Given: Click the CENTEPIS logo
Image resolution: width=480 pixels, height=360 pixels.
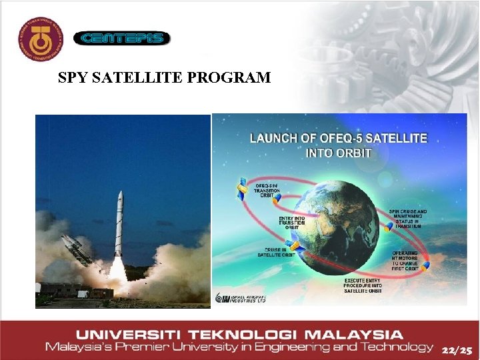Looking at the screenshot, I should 121,39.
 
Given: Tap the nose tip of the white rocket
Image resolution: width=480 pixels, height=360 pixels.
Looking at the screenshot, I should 120,194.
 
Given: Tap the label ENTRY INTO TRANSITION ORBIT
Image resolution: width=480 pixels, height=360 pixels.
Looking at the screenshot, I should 292,223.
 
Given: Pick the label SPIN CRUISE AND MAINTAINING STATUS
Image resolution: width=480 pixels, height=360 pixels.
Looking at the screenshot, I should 408,218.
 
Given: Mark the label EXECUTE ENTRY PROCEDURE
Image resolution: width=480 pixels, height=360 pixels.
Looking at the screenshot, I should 362,285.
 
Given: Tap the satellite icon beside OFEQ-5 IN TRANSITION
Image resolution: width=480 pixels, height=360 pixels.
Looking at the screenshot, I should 241,189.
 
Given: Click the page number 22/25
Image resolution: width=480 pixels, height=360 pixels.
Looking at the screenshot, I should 457,349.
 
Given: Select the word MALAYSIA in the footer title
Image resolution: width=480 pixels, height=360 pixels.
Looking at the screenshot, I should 357,335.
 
